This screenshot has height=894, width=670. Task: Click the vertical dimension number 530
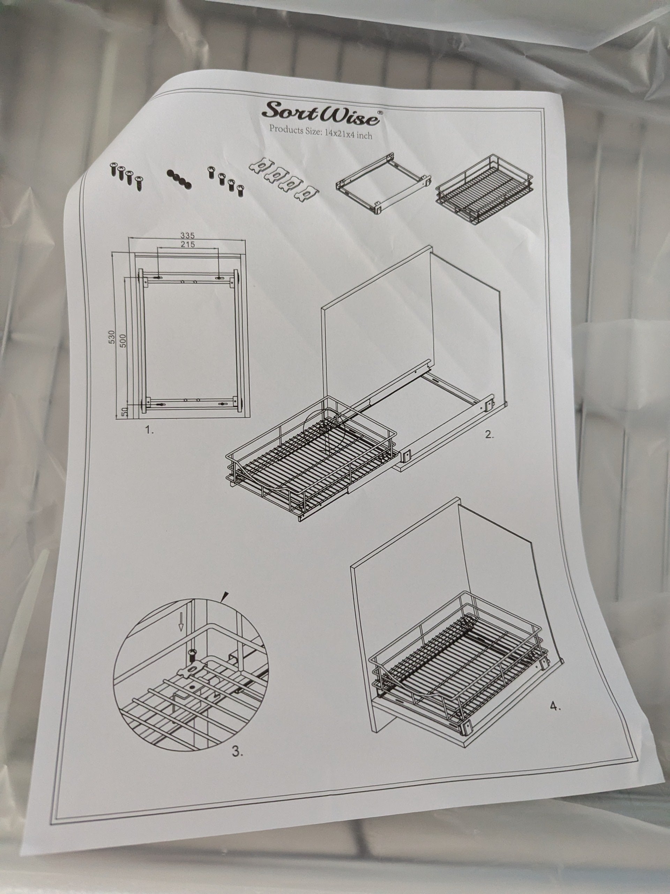coord(112,337)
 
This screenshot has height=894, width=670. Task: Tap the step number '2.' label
coord(490,435)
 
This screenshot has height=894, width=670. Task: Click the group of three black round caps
coord(179,178)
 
